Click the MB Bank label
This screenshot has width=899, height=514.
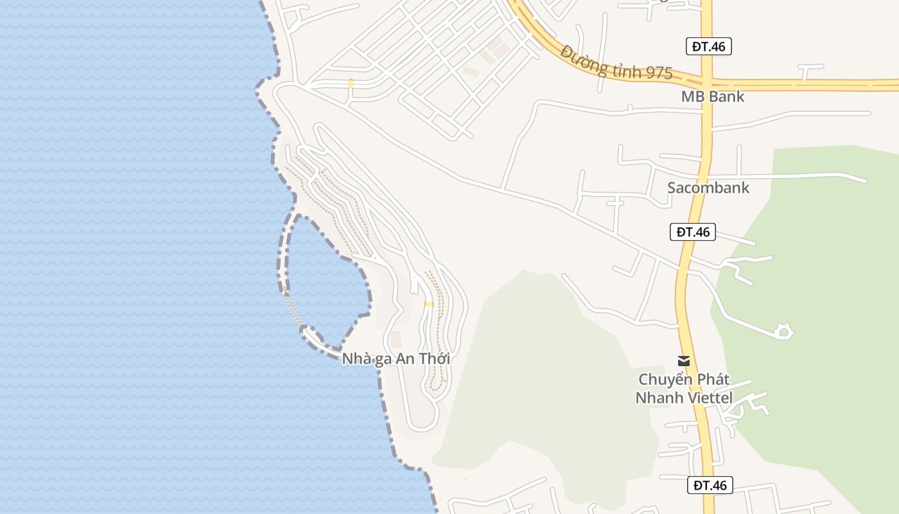click(713, 96)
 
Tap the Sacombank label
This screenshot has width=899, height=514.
click(708, 188)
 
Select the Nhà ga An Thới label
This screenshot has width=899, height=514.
click(396, 359)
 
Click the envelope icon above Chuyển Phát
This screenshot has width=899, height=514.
click(684, 361)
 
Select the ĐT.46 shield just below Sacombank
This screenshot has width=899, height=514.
click(693, 232)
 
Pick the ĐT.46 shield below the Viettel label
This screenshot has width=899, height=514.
click(710, 485)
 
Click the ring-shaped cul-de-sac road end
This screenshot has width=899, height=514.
click(783, 332)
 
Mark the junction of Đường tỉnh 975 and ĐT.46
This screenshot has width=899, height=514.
click(706, 84)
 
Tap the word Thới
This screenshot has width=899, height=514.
click(434, 359)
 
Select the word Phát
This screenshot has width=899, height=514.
click(713, 380)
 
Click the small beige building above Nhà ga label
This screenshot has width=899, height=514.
click(396, 339)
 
